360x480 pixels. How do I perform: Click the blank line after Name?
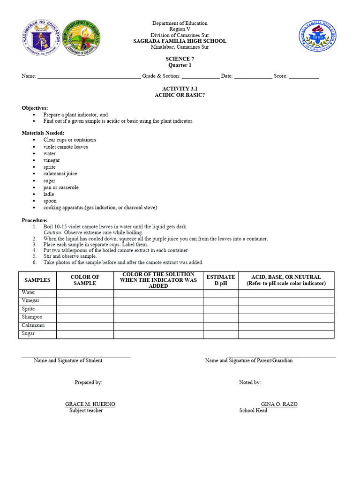(89, 76)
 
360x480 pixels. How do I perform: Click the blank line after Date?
(253, 76)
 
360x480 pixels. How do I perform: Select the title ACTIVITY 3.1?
(180, 89)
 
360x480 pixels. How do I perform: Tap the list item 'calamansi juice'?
(60, 174)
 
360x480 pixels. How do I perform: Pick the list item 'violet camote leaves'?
(66, 147)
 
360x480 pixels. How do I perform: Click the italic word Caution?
(53, 232)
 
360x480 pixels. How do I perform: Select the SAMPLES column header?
(37, 280)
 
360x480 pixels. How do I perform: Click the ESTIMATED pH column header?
(221, 280)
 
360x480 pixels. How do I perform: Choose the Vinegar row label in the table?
(31, 301)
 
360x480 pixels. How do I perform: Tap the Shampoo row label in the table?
(32, 317)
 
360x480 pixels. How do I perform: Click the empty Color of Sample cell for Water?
(85, 293)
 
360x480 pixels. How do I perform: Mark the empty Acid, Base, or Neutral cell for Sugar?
(286, 334)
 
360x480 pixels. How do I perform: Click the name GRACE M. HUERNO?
(90, 404)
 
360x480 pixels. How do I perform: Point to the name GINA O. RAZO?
(279, 404)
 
